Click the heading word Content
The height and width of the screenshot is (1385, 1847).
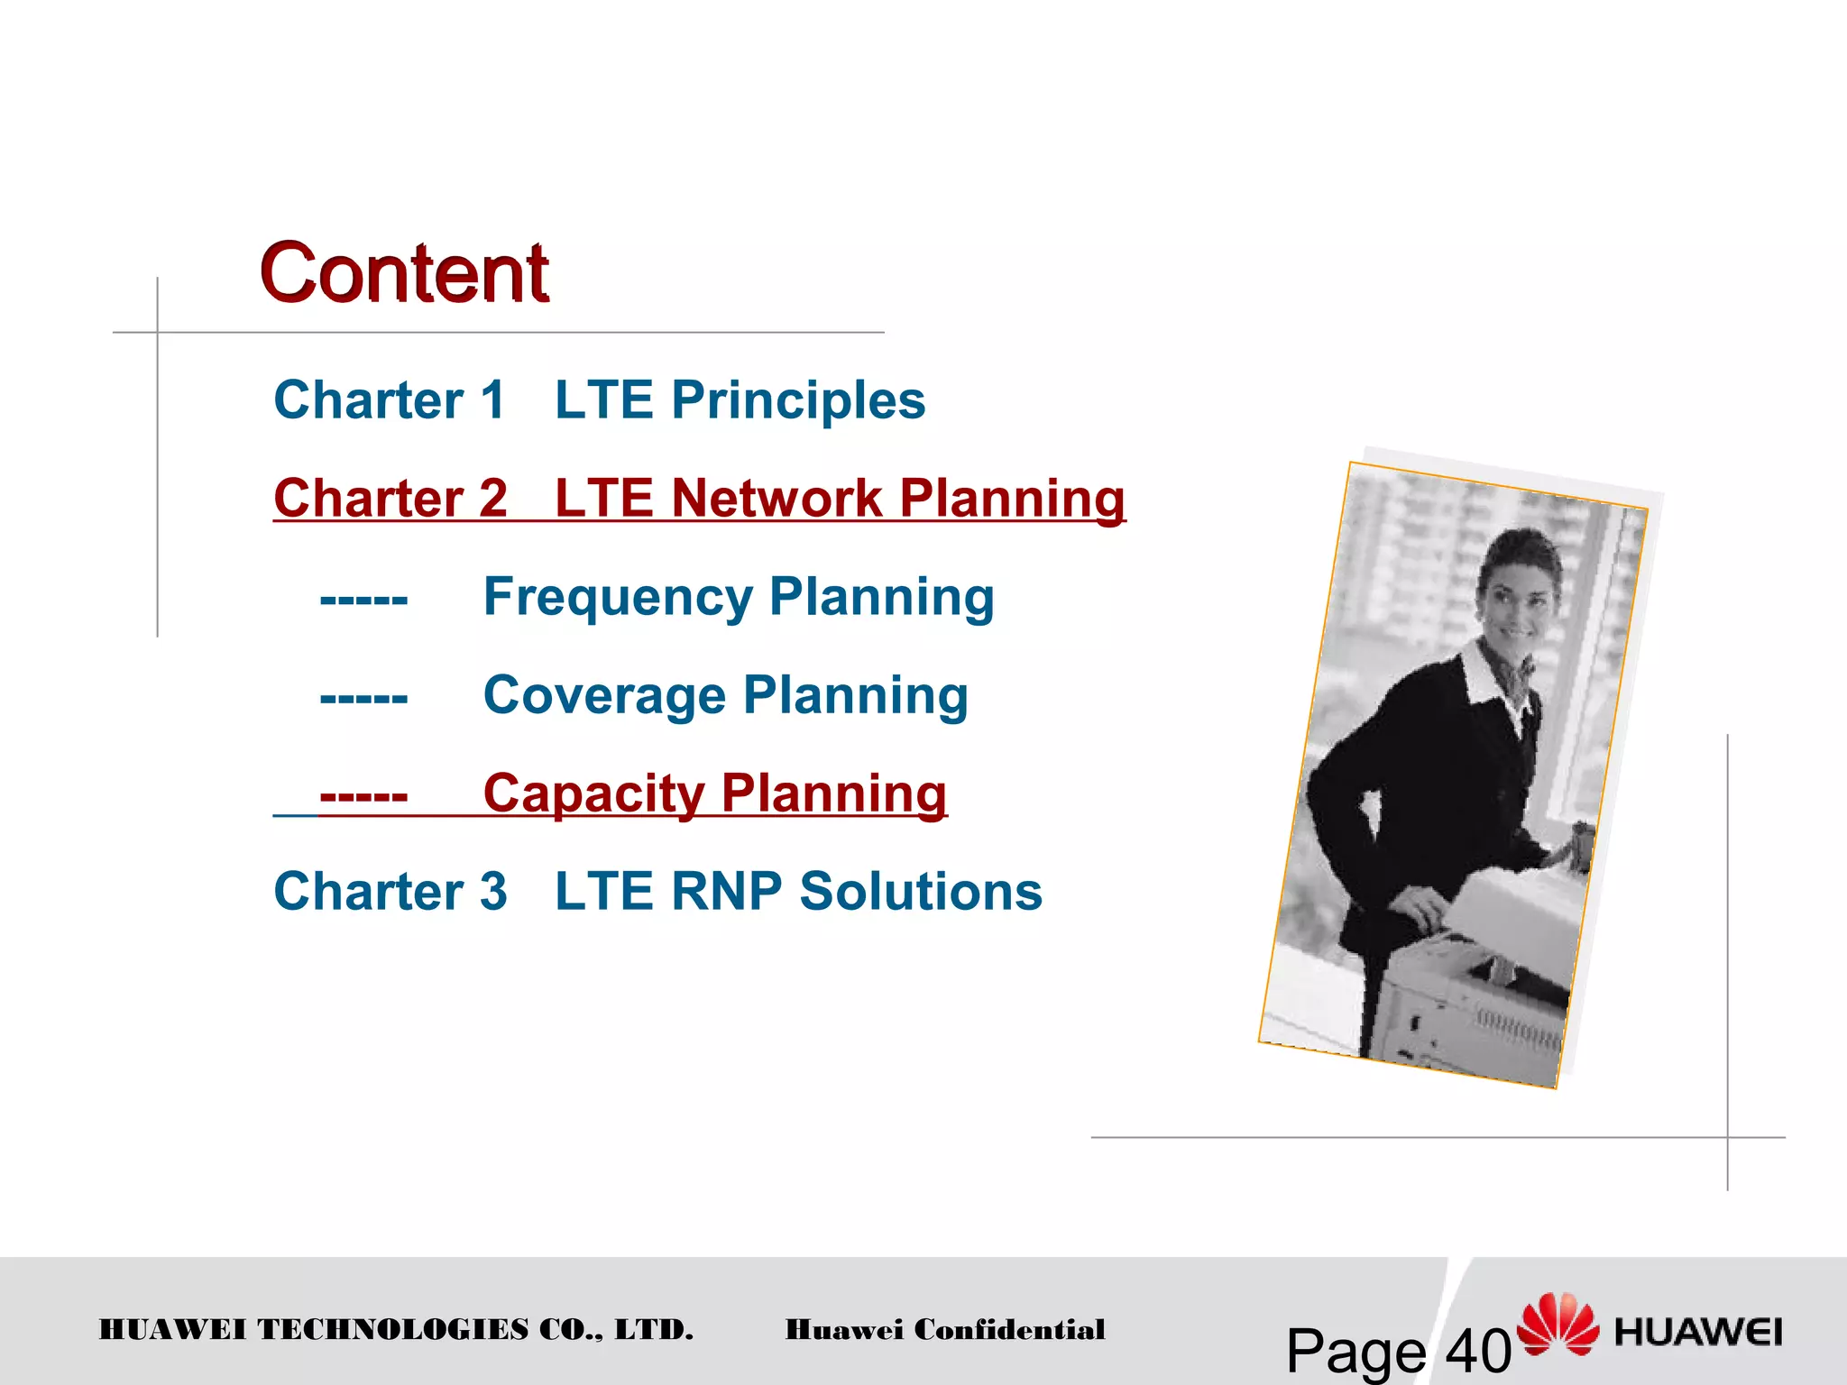pyautogui.click(x=404, y=273)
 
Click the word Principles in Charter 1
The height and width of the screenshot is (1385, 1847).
pyautogui.click(x=798, y=399)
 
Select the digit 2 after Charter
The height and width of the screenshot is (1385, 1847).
pyautogui.click(x=493, y=498)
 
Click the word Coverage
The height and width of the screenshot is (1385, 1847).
pyautogui.click(x=604, y=695)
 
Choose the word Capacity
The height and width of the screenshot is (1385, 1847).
pyautogui.click(x=593, y=793)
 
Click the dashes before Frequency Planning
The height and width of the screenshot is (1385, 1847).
pyautogui.click(x=363, y=599)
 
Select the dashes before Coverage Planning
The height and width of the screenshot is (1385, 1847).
pyautogui.click(x=363, y=697)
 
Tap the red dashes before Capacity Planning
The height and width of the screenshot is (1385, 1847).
pyautogui.click(x=363, y=795)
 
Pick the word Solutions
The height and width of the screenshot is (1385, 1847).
pyautogui.click(x=921, y=892)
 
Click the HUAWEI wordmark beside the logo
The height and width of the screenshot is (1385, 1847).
pyautogui.click(x=1698, y=1332)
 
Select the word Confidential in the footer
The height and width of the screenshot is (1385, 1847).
pyautogui.click(x=1009, y=1329)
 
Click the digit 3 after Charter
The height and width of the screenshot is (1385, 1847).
pyautogui.click(x=493, y=892)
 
